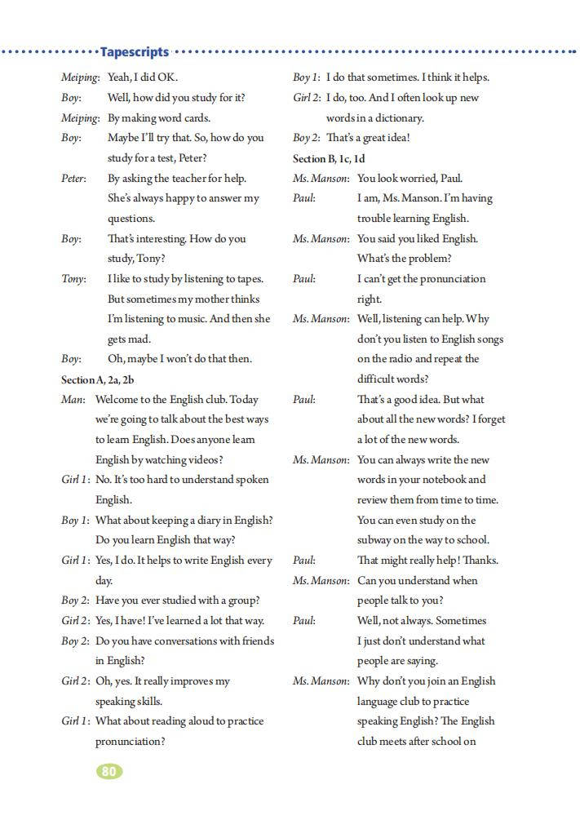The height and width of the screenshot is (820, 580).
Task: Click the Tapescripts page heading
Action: (134, 52)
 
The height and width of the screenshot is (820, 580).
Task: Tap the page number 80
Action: (109, 770)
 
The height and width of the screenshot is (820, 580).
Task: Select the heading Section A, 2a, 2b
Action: (98, 379)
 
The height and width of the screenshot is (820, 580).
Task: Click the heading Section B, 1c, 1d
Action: (329, 158)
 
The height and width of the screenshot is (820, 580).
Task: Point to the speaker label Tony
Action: (73, 279)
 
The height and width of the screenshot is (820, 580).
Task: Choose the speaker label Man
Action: (73, 400)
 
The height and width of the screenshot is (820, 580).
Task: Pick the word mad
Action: (140, 339)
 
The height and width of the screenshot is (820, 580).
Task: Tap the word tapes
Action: (248, 279)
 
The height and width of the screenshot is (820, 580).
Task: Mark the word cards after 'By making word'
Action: (196, 118)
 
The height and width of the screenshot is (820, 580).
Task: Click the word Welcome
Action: (119, 400)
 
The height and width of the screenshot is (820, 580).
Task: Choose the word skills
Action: (148, 702)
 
